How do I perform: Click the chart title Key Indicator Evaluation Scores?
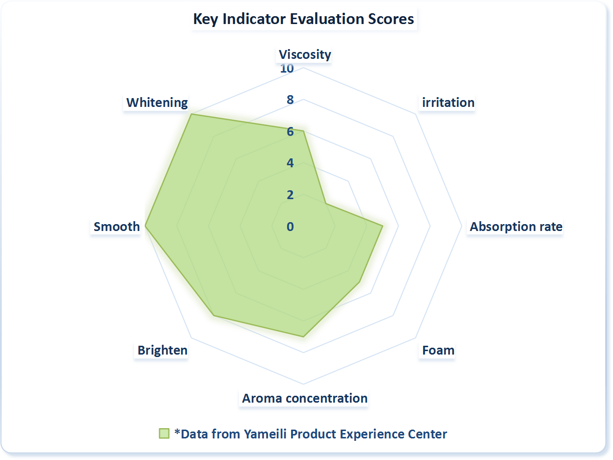point(304,20)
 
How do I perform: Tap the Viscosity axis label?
point(305,54)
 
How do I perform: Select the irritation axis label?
point(448,102)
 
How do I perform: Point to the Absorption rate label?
point(516,227)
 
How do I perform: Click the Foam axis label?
point(438,350)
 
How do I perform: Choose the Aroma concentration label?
point(305,398)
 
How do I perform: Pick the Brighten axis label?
point(162,350)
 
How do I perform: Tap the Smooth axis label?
point(117,227)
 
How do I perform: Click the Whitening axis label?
point(157,102)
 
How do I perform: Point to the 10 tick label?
point(287,69)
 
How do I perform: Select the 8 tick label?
point(290,100)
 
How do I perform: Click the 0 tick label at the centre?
point(291,227)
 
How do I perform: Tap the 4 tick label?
point(290,163)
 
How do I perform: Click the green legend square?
point(164,434)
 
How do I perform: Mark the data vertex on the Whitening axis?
point(191,114)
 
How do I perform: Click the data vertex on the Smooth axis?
point(146,226)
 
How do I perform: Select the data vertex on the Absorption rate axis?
point(382,226)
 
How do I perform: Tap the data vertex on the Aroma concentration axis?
point(304,336)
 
